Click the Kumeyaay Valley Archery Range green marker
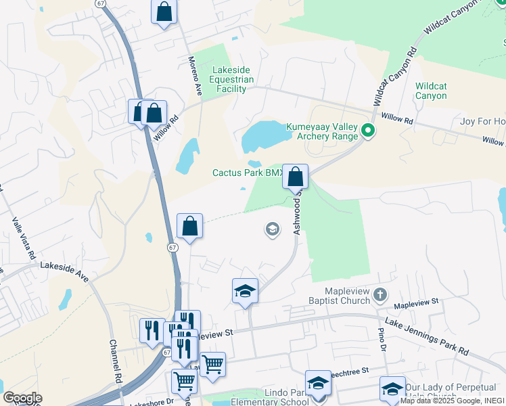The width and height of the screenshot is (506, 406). [x=368, y=131]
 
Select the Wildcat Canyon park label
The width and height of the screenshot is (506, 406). [x=431, y=91]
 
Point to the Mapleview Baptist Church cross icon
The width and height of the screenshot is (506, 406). [x=380, y=294]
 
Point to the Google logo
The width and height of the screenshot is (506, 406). [x=22, y=397]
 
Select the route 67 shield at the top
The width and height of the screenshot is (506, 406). [x=100, y=4]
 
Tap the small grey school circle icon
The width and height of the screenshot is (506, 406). [x=272, y=230]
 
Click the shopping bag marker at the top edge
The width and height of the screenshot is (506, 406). [x=164, y=12]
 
